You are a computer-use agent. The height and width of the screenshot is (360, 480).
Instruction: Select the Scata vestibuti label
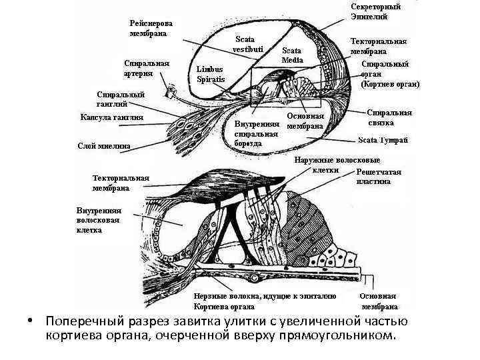(248, 44)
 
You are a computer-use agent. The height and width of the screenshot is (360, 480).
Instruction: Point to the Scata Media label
(292, 55)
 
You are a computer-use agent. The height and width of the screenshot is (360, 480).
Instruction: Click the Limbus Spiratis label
(211, 73)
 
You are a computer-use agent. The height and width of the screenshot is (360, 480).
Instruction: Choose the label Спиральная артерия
(147, 68)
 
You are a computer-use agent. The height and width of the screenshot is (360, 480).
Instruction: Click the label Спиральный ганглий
(121, 99)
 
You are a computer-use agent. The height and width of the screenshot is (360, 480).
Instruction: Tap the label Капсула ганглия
(112, 118)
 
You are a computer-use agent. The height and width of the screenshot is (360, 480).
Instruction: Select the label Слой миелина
(104, 146)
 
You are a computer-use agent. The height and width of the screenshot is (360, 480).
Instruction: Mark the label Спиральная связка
(389, 118)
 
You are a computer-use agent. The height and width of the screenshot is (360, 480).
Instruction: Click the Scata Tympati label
(383, 140)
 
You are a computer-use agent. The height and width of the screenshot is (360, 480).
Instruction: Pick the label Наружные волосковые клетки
(337, 165)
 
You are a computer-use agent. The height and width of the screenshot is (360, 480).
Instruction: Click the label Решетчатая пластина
(378, 177)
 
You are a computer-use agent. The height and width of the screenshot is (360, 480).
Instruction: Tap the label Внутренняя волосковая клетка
(99, 220)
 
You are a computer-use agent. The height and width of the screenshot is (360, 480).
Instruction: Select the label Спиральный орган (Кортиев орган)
(389, 74)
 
